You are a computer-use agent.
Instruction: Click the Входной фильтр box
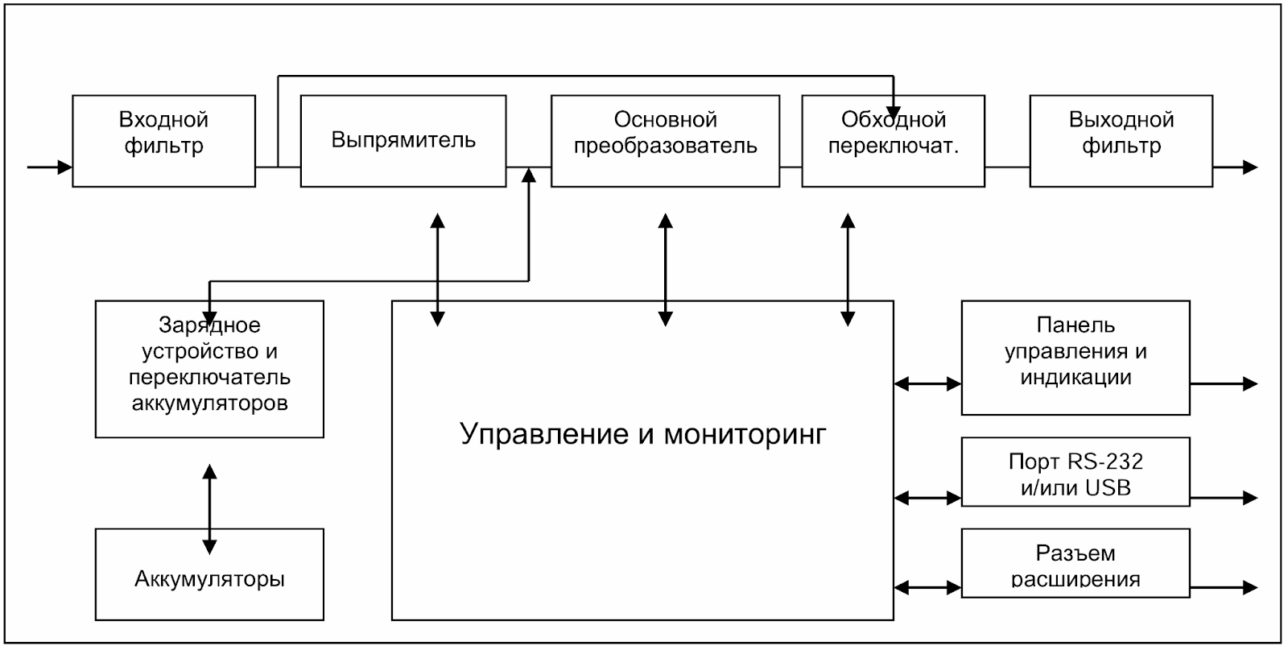(163, 141)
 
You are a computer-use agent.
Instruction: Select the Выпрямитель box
(402, 141)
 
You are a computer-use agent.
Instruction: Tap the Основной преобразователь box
(665, 141)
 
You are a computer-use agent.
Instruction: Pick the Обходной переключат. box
(893, 141)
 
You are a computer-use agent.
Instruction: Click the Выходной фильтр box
(1121, 141)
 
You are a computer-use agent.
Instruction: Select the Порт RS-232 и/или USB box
(1075, 473)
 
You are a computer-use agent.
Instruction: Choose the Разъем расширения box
(1075, 564)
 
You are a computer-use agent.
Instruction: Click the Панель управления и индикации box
(1075, 358)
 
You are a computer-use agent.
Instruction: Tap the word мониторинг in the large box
(745, 434)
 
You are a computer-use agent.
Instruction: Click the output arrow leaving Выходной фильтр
(1235, 168)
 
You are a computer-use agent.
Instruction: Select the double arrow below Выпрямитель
(437, 269)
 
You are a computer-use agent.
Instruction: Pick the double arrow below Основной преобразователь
(665, 269)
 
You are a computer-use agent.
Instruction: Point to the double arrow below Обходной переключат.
(848, 269)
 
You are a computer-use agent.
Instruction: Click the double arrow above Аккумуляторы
(209, 509)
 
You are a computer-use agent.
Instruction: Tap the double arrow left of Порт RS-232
(927, 499)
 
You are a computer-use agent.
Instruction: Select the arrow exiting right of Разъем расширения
(1224, 587)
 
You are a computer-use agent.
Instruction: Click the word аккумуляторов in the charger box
(209, 403)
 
